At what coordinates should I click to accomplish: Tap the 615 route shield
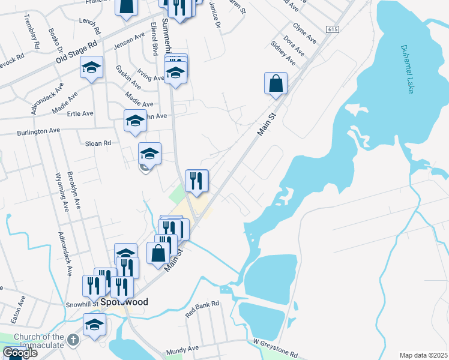pyautogui.click(x=332, y=29)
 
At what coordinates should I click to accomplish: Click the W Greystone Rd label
pyautogui.click(x=275, y=347)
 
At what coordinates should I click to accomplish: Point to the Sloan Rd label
pyautogui.click(x=98, y=143)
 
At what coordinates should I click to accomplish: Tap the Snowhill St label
pyautogui.click(x=81, y=304)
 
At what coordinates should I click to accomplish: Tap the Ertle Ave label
pyautogui.click(x=80, y=113)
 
